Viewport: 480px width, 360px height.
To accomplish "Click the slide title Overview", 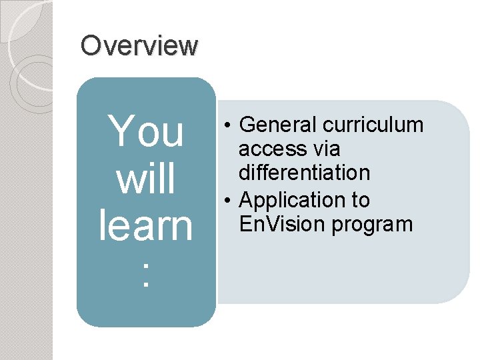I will [139, 46].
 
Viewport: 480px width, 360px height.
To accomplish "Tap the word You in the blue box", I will [146, 131].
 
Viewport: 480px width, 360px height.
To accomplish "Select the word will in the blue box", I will [146, 178].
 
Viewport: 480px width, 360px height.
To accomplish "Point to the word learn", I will [146, 225].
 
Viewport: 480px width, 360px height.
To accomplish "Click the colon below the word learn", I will [146, 275].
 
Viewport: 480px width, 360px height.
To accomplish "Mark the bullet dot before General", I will [228, 125].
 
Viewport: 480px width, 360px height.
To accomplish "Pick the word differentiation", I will [305, 173].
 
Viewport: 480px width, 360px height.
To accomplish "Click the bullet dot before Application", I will [228, 200].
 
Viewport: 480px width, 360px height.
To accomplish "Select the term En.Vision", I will [281, 224].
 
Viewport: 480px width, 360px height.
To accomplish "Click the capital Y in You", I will [121, 131].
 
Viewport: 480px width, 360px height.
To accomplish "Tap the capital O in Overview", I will [89, 46].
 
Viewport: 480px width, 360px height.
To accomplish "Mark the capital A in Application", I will [246, 200].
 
